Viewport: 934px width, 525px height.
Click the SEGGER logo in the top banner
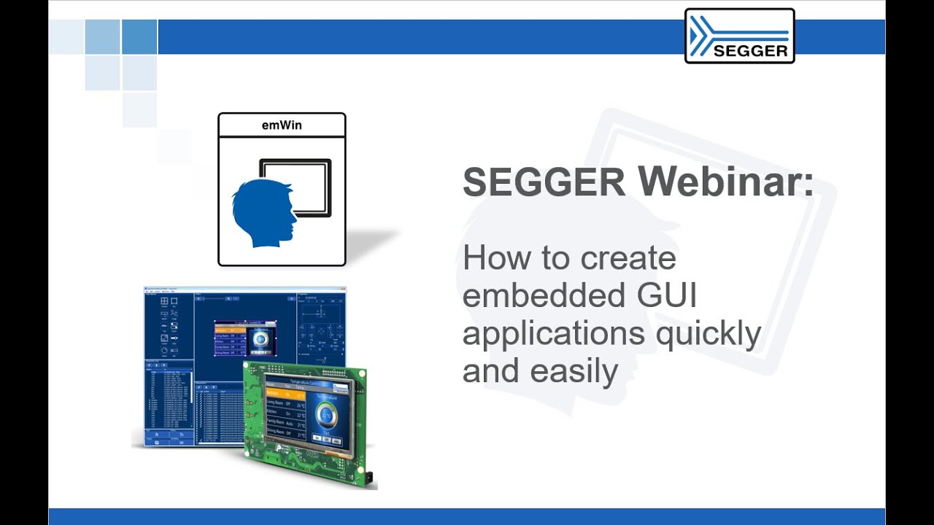[x=739, y=36]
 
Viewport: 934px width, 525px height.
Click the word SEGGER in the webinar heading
[x=544, y=182]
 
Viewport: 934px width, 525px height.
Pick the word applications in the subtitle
[x=554, y=334]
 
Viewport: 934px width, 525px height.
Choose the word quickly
[x=709, y=334]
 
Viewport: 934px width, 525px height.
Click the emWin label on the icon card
[x=282, y=125]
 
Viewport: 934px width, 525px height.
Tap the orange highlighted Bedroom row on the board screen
[x=285, y=394]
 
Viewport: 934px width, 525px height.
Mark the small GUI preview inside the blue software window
[x=245, y=337]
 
